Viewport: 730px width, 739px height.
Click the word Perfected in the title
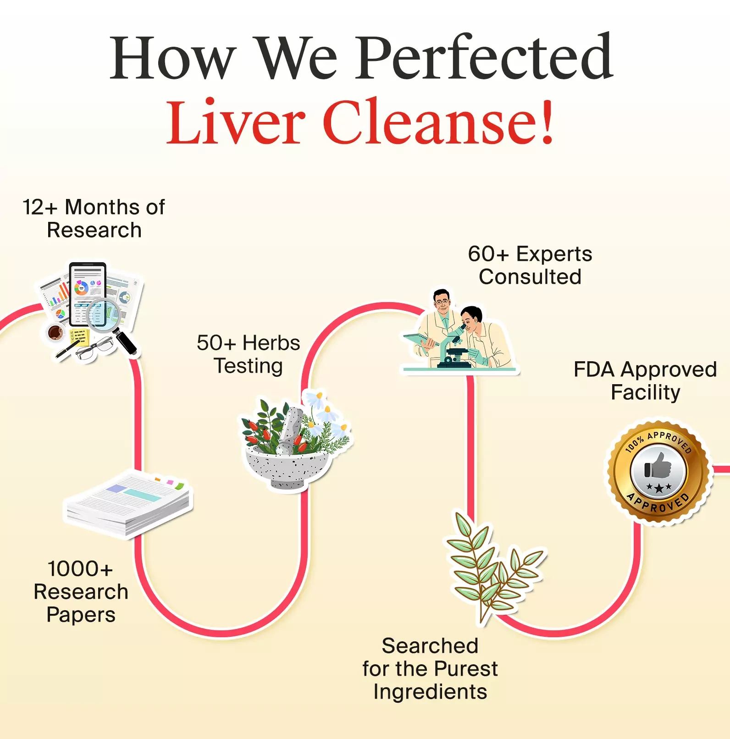pos(485,58)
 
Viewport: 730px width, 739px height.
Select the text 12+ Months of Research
pos(94,218)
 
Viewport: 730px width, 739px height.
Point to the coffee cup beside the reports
pos(55,332)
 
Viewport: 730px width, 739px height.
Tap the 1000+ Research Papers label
pos(81,591)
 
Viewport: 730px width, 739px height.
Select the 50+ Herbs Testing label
pos(249,354)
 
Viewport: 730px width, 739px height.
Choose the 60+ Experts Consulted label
pos(530,265)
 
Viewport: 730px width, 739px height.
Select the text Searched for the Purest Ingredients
pos(430,668)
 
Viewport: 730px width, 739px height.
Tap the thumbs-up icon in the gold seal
pos(658,466)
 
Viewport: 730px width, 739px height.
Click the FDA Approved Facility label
pos(645,381)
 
